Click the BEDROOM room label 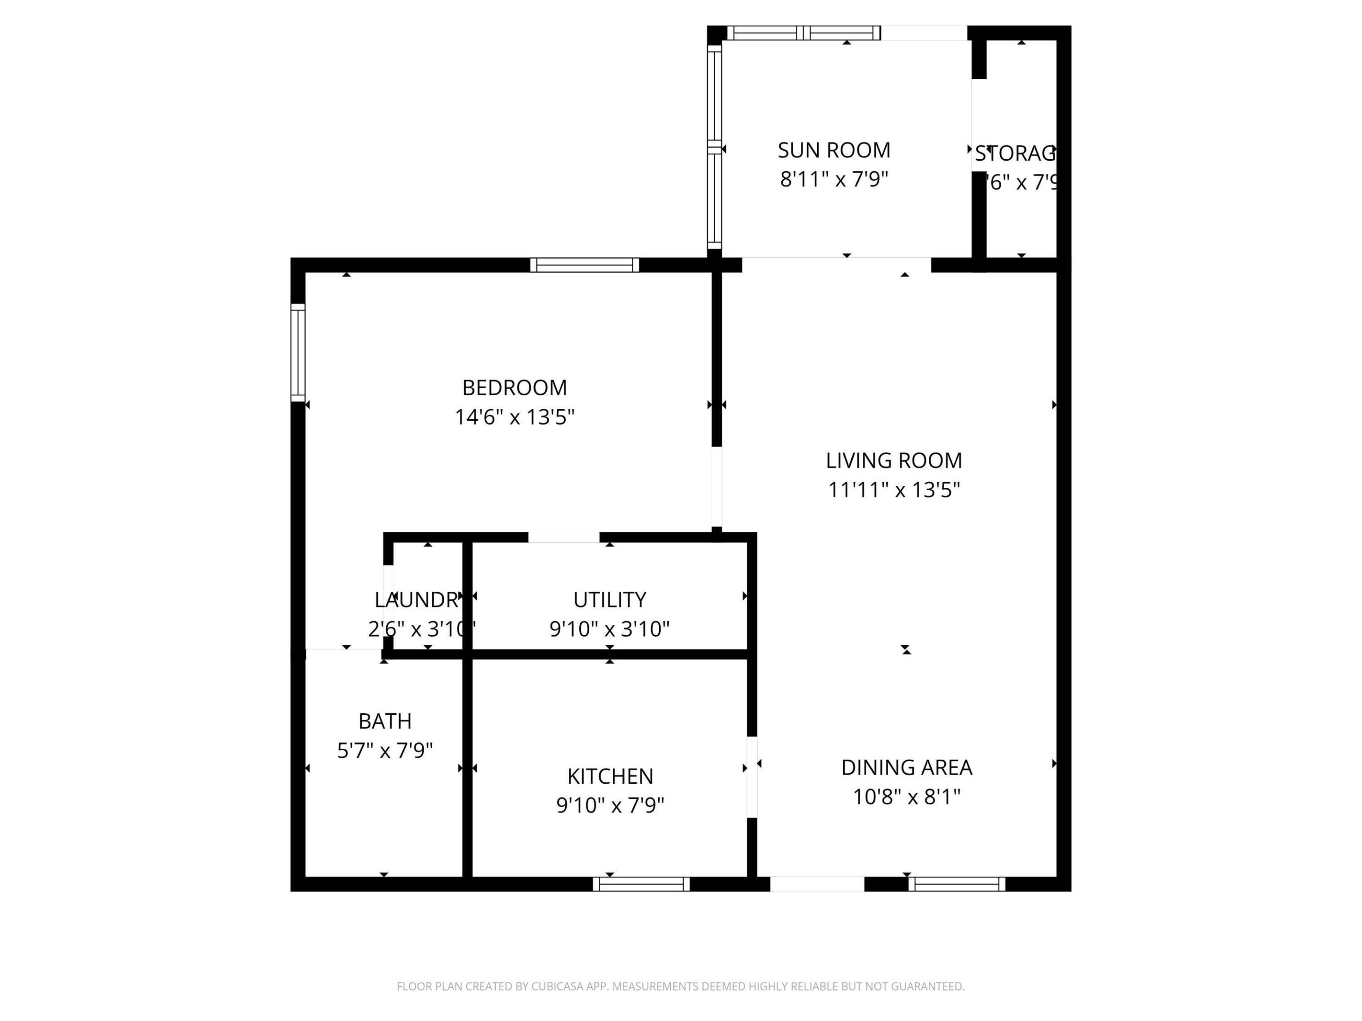[514, 388]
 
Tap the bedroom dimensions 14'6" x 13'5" [514, 417]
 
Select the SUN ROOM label [834, 150]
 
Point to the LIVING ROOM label [893, 460]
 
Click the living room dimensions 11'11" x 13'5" [893, 490]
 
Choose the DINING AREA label [907, 768]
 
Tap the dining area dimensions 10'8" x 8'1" [907, 797]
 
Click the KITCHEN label [610, 777]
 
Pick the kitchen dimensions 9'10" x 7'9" [610, 805]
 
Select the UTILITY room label [610, 599]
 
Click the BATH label [385, 721]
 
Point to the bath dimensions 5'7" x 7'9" [385, 751]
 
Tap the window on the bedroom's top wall [585, 265]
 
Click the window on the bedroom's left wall [298, 353]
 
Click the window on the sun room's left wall [714, 147]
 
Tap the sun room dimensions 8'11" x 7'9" [834, 180]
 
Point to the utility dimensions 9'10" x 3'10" [610, 629]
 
